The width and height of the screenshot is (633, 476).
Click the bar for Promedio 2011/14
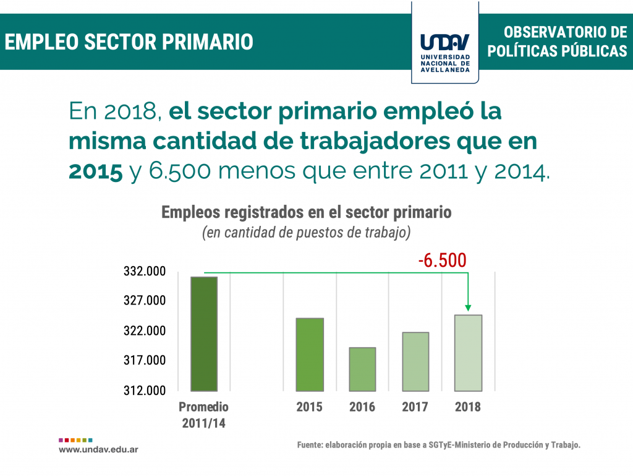(204, 334)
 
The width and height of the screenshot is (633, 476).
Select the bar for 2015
(310, 354)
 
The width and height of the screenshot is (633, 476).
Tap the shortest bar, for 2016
(362, 369)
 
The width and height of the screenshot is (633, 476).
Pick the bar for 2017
(415, 361)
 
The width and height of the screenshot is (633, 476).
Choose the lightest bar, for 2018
(468, 353)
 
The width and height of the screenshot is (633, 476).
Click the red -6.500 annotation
(442, 260)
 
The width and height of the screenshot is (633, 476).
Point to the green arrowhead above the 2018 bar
(468, 307)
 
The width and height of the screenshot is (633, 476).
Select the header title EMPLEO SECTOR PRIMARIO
(129, 42)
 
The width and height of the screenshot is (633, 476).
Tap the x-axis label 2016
(362, 407)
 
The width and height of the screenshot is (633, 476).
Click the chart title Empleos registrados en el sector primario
(307, 212)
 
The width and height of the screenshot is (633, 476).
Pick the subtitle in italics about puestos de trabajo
(307, 233)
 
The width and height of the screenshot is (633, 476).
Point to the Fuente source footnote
(439, 445)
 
